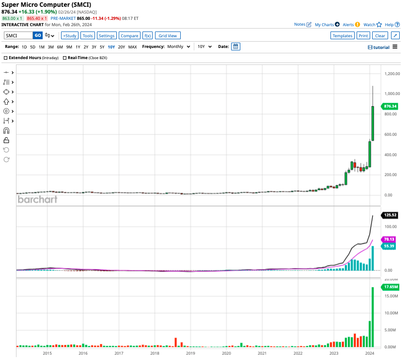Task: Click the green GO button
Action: (38, 35)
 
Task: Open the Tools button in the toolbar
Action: (87, 35)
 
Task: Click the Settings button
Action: (107, 35)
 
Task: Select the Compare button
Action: (129, 35)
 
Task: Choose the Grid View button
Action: (168, 35)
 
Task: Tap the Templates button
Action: (342, 35)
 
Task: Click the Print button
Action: (363, 35)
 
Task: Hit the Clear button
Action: (380, 35)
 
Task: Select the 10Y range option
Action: (111, 47)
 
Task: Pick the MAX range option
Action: (132, 47)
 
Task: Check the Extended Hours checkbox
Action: (6, 58)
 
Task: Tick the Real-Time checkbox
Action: (64, 58)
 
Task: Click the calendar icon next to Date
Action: (235, 47)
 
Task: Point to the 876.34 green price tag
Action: (390, 106)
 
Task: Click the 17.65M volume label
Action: (391, 287)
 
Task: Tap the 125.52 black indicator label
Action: (390, 215)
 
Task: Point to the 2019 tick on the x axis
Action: (190, 353)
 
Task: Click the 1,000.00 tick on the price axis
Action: (391, 94)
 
